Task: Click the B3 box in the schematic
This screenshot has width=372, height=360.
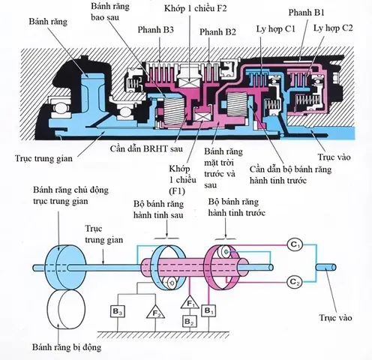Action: (118, 309)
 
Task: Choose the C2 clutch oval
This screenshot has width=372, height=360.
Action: (295, 281)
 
